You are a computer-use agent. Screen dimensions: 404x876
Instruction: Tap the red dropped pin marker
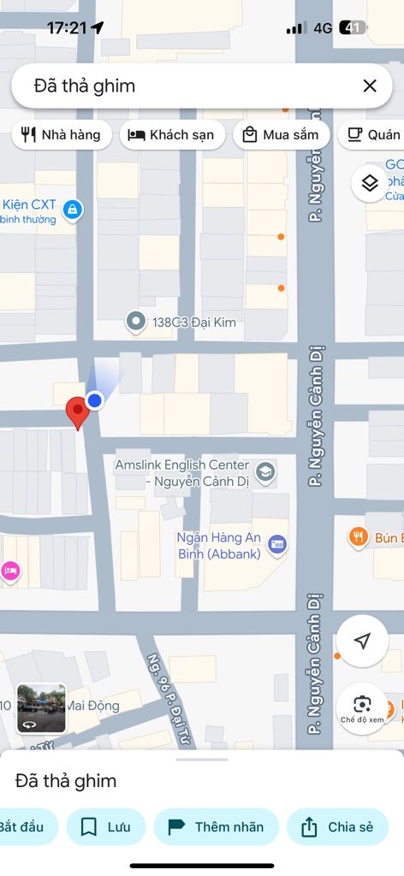click(x=78, y=411)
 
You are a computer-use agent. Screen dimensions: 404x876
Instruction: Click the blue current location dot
click(x=95, y=400)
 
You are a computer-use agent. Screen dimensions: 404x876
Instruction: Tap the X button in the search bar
click(x=370, y=86)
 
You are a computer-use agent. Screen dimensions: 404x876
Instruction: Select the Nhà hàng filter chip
click(x=61, y=134)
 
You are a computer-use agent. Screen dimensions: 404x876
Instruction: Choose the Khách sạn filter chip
click(x=171, y=134)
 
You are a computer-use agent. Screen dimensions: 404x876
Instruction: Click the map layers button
click(x=370, y=183)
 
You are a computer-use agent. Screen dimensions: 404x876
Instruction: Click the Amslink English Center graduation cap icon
click(x=266, y=471)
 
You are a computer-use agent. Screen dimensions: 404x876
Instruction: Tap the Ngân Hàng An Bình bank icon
click(x=277, y=544)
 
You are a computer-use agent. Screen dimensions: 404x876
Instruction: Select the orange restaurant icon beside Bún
click(x=359, y=537)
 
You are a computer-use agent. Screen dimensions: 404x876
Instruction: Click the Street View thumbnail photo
click(x=41, y=708)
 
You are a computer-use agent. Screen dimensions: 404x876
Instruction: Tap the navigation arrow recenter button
click(x=362, y=641)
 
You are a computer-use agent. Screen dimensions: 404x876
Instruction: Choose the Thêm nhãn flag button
click(x=216, y=826)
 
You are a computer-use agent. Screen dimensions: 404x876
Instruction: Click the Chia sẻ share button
click(x=337, y=826)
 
